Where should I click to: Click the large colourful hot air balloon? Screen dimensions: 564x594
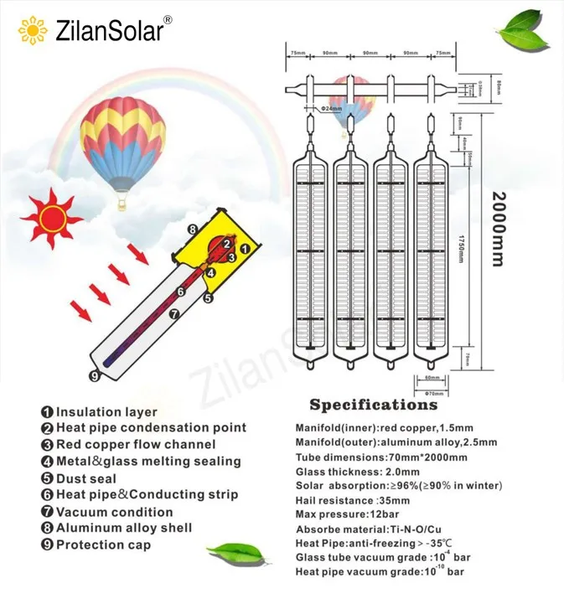(x=122, y=143)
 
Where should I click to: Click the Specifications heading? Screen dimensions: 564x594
(x=374, y=405)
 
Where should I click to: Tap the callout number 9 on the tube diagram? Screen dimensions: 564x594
(x=94, y=376)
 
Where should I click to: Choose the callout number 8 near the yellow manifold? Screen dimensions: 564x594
(x=192, y=229)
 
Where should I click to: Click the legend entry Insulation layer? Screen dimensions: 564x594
(x=99, y=411)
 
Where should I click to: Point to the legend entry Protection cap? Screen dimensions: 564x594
(x=96, y=545)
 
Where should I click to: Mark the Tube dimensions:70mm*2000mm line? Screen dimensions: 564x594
(x=381, y=457)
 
